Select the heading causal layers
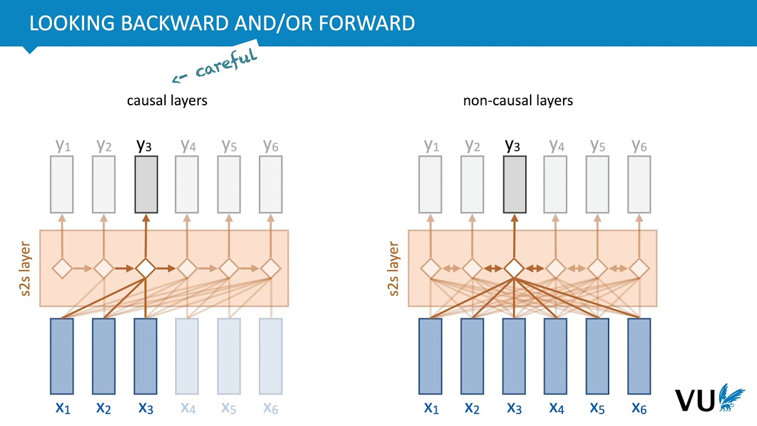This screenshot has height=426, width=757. pyautogui.click(x=167, y=100)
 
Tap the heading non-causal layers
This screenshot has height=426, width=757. pyautogui.click(x=517, y=100)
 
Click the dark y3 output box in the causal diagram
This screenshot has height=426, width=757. pyautogui.click(x=146, y=184)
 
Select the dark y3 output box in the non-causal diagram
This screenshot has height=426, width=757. pyautogui.click(x=515, y=184)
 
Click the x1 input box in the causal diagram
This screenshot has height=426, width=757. pyautogui.click(x=62, y=356)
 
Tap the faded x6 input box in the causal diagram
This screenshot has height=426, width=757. pyautogui.click(x=271, y=356)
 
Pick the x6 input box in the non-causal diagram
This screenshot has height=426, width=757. pyautogui.click(x=639, y=356)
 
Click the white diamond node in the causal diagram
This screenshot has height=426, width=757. pyautogui.click(x=145, y=269)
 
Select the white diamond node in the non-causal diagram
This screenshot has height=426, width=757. pyautogui.click(x=515, y=269)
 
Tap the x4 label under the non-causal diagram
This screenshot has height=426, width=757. pyautogui.click(x=557, y=407)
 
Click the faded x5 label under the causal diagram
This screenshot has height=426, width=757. pyautogui.click(x=229, y=407)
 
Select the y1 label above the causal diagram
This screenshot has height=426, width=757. pyautogui.click(x=63, y=146)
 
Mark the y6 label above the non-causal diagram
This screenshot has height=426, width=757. pyautogui.click(x=639, y=146)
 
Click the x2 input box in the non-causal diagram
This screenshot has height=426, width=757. pyautogui.click(x=473, y=356)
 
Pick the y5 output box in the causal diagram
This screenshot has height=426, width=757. pyautogui.click(x=229, y=184)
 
